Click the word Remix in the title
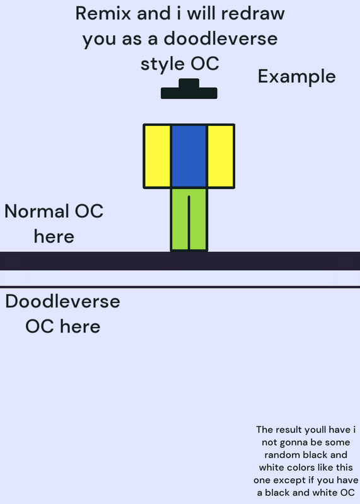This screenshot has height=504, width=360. pyautogui.click(x=103, y=13)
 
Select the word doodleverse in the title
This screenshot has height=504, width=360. pyautogui.click(x=221, y=38)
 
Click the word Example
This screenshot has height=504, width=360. pyautogui.click(x=296, y=77)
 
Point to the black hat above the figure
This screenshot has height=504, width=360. pyautogui.click(x=189, y=89)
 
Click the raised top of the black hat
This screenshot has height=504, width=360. pyautogui.click(x=189, y=83)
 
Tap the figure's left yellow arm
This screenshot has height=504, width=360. pyautogui.click(x=158, y=156)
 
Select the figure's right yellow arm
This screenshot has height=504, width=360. pyautogui.click(x=221, y=156)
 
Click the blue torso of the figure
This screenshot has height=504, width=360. pyautogui.click(x=189, y=156)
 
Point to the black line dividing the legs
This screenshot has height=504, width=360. pyautogui.click(x=189, y=222)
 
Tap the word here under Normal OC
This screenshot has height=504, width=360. pyautogui.click(x=54, y=237)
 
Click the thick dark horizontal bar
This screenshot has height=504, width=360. pyautogui.click(x=180, y=261)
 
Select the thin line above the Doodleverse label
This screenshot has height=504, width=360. pyautogui.click(x=180, y=287)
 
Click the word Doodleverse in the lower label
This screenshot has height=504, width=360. pyautogui.click(x=63, y=302)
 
